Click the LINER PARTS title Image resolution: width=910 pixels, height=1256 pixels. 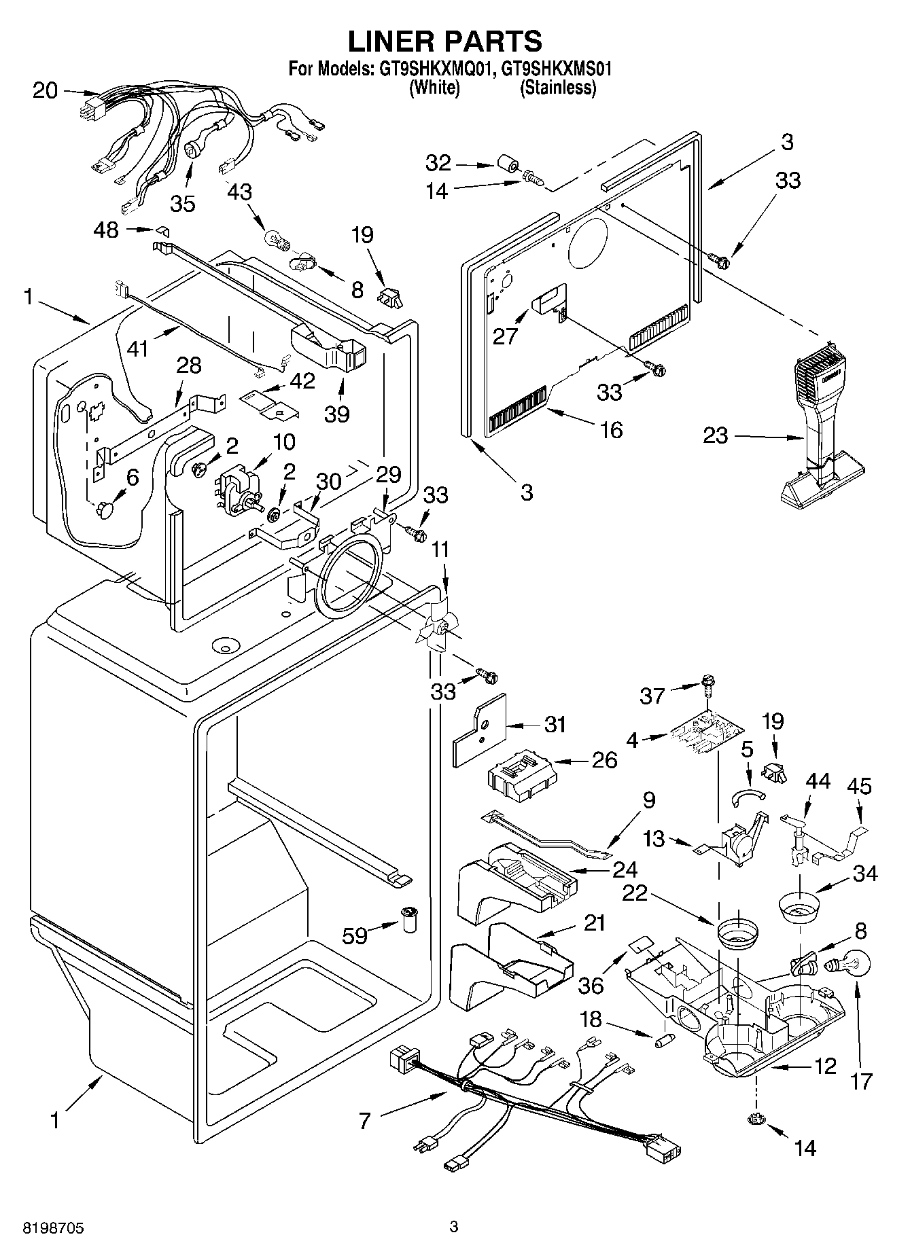point(445,41)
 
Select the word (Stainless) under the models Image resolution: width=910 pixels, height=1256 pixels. point(558,88)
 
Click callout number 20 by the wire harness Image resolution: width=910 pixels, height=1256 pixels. point(46,90)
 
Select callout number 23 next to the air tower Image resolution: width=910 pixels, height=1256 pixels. point(715,435)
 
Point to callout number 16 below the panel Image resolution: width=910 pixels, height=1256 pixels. point(611,429)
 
